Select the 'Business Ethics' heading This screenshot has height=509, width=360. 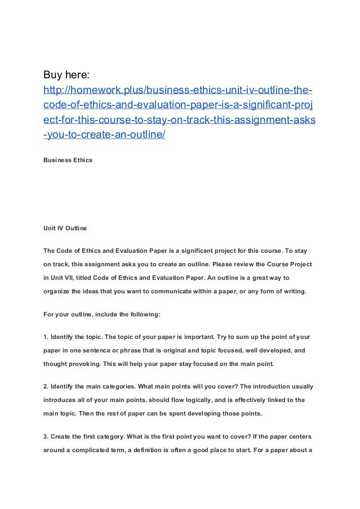pos(68,160)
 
